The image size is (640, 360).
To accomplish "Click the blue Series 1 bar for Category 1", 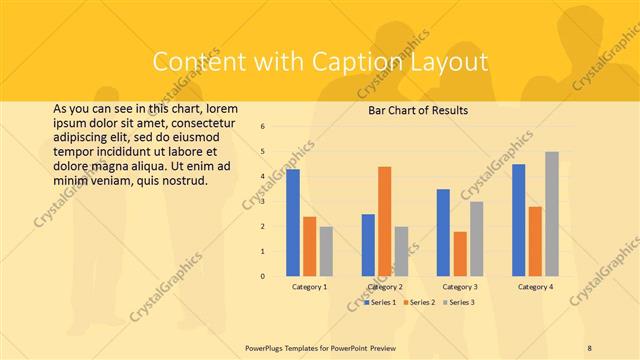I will pyautogui.click(x=293, y=222).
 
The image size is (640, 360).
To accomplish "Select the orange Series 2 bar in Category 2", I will pyautogui.click(x=385, y=221).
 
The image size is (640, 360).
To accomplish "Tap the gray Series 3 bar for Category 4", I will pyautogui.click(x=552, y=213).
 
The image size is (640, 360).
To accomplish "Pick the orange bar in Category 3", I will pyautogui.click(x=460, y=253).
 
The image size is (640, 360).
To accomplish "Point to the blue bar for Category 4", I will pyautogui.click(x=518, y=220).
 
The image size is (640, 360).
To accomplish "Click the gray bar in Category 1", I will pyautogui.click(x=327, y=251).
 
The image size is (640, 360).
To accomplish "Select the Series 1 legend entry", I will pyautogui.click(x=381, y=301).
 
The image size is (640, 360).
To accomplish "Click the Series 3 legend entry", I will pyautogui.click(x=459, y=301).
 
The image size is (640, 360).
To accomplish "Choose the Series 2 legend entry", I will pyautogui.click(x=420, y=301).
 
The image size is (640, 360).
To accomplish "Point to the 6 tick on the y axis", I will pyautogui.click(x=262, y=127).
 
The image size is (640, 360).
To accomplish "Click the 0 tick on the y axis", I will pyautogui.click(x=262, y=276).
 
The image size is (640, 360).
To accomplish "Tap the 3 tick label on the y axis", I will pyautogui.click(x=262, y=202).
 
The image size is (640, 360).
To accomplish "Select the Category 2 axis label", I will pyautogui.click(x=385, y=287).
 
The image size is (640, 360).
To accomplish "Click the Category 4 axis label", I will pyautogui.click(x=535, y=287).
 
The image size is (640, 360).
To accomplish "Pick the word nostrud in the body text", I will pyautogui.click(x=182, y=181).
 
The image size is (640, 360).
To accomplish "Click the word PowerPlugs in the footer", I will pyautogui.click(x=267, y=346).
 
